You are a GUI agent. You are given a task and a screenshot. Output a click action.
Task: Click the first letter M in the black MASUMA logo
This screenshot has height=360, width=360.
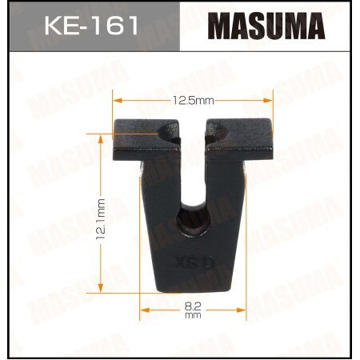pos(222,26)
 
